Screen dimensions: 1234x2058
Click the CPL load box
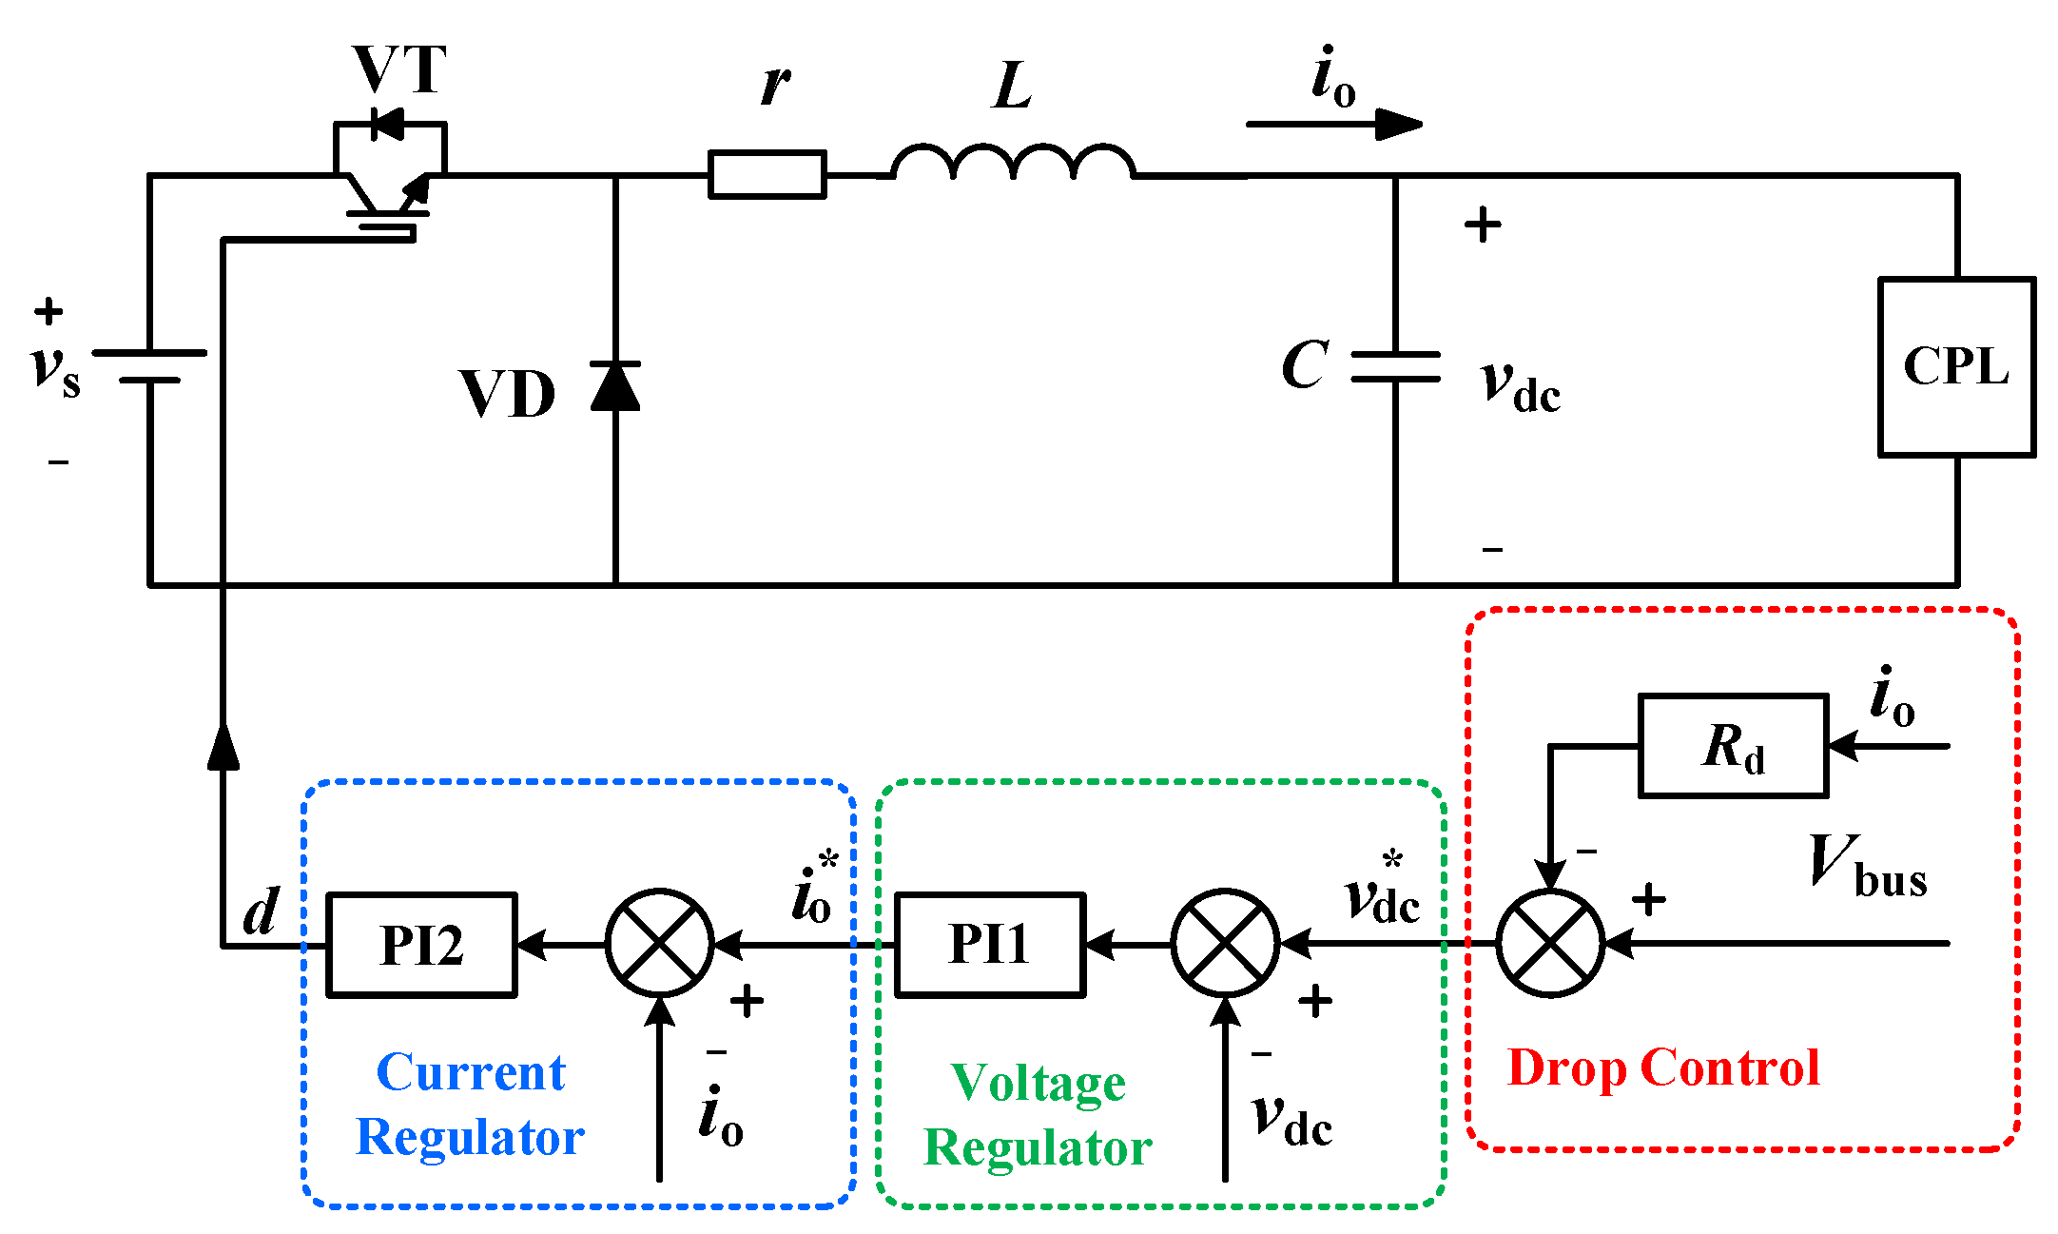pos(1956,367)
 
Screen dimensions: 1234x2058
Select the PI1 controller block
pos(989,945)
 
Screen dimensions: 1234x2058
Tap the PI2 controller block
pos(421,945)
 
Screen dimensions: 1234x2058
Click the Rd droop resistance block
pos(1733,746)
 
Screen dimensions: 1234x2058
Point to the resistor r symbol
pos(767,175)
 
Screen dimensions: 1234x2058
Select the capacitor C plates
pos(1395,366)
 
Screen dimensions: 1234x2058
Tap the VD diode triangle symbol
pos(615,386)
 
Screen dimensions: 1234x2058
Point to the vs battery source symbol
pos(150,366)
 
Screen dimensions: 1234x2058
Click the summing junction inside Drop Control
pos(1550,944)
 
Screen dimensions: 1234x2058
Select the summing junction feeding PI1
pos(1225,944)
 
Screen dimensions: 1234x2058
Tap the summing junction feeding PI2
pos(659,944)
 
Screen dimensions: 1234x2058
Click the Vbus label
pos(1866,867)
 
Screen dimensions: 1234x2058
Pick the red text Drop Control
pos(1662,1068)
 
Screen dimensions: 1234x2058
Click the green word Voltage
pos(1038,1083)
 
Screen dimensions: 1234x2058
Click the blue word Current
pos(471,1073)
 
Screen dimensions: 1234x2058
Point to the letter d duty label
pos(261,911)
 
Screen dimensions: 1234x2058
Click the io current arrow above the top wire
pos(1333,124)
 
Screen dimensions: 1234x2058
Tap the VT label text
pos(399,69)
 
